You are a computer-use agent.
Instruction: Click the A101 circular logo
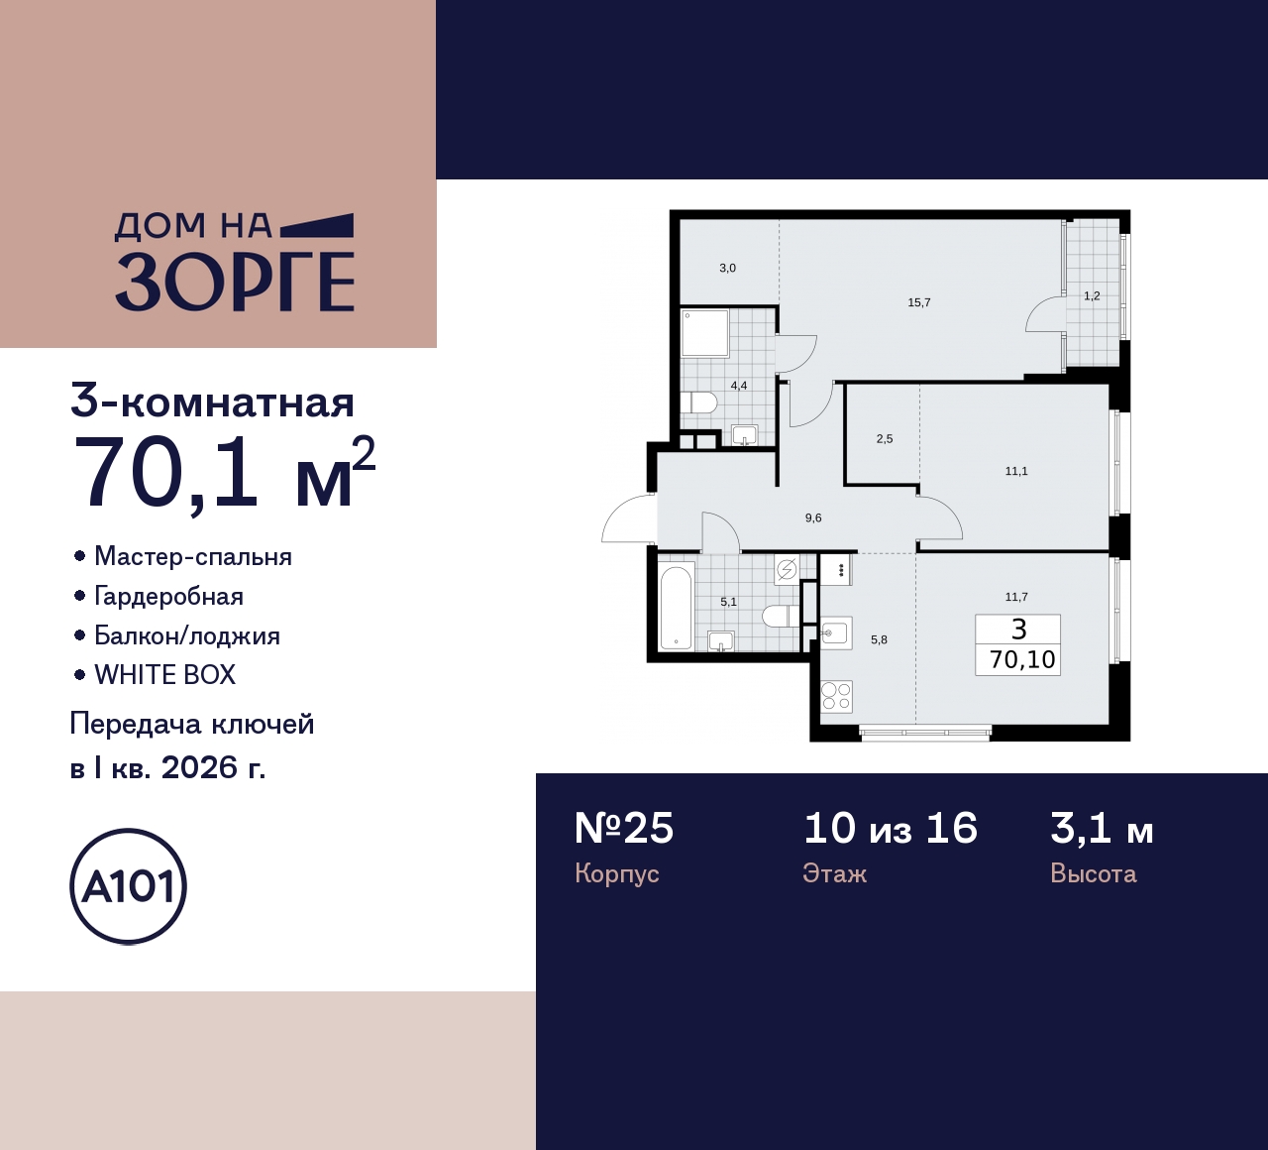click(128, 886)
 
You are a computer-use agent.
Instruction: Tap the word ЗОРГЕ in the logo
click(235, 282)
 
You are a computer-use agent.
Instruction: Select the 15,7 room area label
click(918, 302)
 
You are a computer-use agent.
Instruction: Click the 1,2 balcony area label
click(1091, 295)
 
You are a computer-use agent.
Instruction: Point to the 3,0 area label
click(727, 268)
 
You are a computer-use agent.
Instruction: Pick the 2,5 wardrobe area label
click(884, 438)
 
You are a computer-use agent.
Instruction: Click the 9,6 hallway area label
click(812, 517)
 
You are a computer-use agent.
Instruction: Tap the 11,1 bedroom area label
click(1015, 471)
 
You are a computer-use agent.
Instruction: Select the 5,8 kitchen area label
click(879, 639)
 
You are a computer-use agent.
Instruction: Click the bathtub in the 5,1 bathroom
click(677, 607)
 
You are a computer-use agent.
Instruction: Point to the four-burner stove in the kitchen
click(837, 696)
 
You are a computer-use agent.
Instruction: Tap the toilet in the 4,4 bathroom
click(699, 402)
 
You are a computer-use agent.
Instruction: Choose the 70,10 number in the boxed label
click(1021, 659)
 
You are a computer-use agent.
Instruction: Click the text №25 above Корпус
click(624, 828)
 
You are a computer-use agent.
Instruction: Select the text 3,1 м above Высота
click(1102, 828)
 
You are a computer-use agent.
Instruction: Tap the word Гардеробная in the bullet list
click(168, 596)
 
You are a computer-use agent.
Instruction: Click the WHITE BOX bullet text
click(164, 675)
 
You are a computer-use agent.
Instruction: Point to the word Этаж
click(834, 873)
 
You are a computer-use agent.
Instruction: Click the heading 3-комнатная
click(212, 402)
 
